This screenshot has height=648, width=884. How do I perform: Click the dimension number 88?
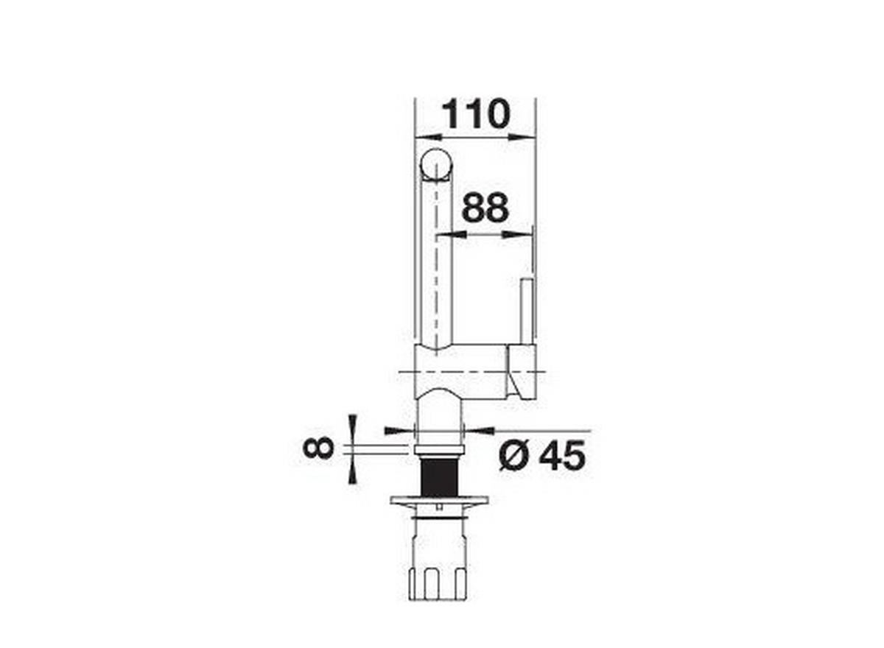pos(485,208)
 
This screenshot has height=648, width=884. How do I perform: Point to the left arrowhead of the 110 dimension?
pos(428,137)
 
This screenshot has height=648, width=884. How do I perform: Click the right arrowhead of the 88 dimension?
pos(519,235)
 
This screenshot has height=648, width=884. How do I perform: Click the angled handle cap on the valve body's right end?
pos(522,373)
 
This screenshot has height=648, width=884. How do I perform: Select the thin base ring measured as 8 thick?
pos(439,448)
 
